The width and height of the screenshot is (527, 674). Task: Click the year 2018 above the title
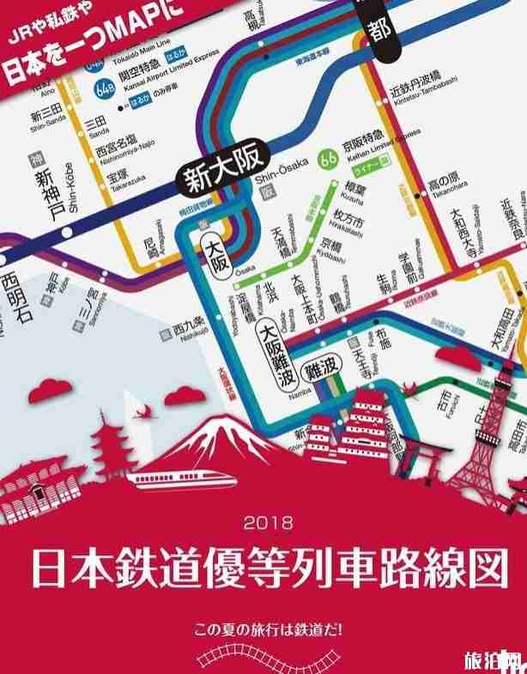[268, 520]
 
